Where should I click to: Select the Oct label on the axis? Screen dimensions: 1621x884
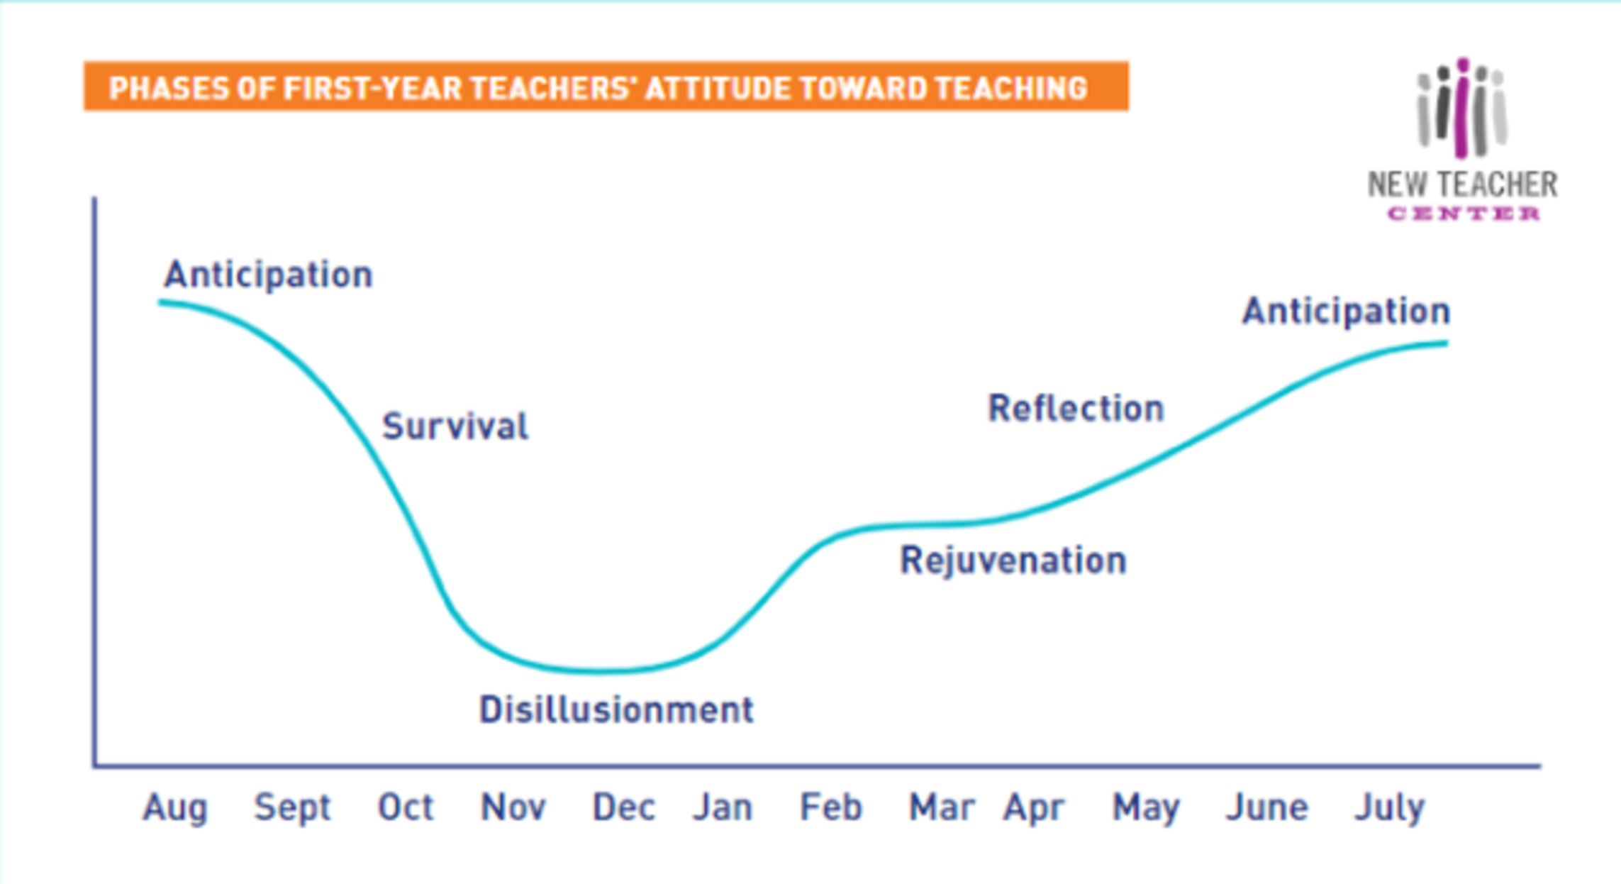pos(405,807)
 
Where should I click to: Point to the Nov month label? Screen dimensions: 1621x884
pos(513,807)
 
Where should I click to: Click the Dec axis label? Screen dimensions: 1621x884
pos(624,807)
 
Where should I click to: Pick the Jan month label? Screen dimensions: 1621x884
pos(723,807)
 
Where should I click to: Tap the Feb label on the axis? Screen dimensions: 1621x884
pos(831,807)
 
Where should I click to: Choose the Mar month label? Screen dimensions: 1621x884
pos(942,807)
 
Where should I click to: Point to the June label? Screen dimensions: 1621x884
pos(1267,807)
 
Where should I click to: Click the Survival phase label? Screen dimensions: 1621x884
pos(455,426)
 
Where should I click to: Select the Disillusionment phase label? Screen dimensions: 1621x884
pos(616,709)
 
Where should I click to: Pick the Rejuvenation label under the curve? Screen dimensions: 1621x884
pos(1013,560)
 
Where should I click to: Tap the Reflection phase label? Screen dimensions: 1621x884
pos(1076,408)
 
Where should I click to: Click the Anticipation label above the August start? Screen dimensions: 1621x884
pos(268,275)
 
